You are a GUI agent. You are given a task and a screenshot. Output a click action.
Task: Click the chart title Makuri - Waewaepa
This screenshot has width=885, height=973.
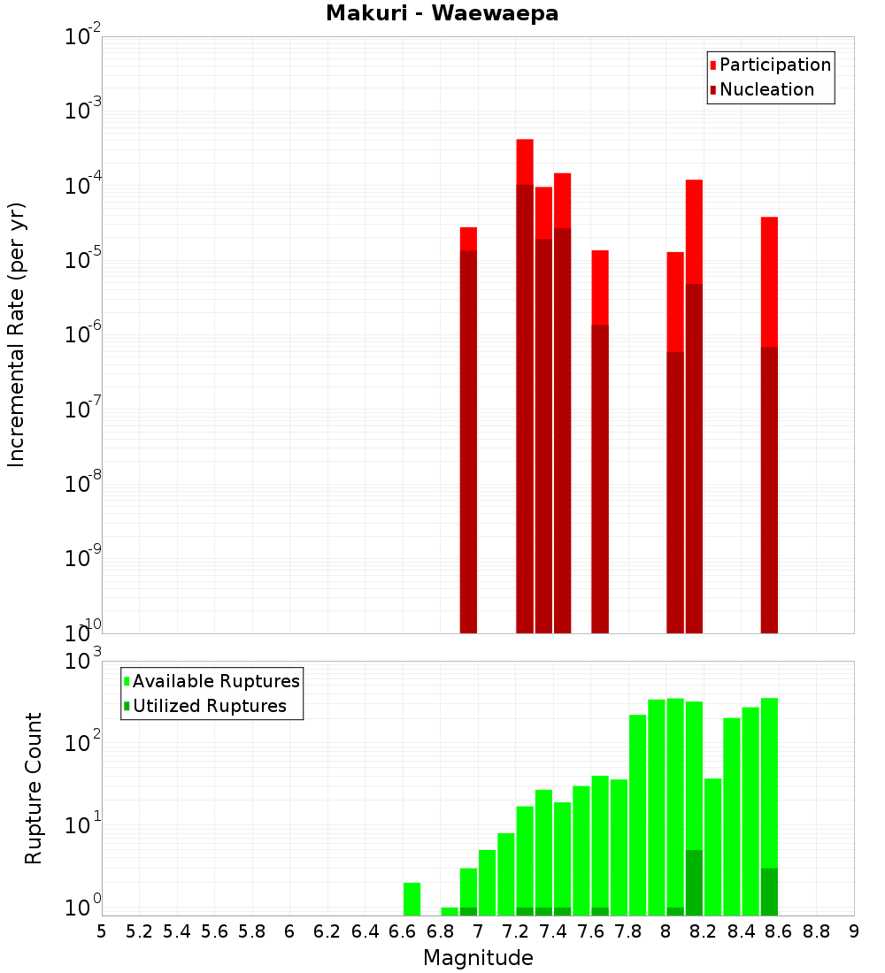coord(442,14)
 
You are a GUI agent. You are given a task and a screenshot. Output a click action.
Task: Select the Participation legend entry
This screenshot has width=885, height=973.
coord(775,65)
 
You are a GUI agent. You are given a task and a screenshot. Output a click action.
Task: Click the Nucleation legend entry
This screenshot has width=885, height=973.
coord(766,89)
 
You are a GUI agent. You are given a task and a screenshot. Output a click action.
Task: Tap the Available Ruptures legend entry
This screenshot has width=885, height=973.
coord(216,681)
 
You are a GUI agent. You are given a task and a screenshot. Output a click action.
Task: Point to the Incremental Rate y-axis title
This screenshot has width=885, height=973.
coord(17,334)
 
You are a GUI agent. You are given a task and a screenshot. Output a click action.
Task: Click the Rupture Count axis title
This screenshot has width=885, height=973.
coord(34,787)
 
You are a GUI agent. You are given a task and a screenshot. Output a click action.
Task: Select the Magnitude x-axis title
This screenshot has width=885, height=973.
coord(478,958)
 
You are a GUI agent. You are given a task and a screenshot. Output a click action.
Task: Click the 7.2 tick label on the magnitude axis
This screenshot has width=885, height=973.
coord(516,931)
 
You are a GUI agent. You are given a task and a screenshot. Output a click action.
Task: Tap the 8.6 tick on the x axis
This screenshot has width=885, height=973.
coord(779,931)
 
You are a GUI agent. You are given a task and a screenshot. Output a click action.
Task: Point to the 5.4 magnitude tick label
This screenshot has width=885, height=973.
coord(177,931)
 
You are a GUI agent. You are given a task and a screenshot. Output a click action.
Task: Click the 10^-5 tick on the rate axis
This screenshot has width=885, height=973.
coord(82,259)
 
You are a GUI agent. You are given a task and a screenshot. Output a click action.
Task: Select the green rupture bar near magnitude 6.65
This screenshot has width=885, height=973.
coord(412,898)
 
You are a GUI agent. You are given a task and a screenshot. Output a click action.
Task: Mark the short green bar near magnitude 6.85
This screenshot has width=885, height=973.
coord(450,911)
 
